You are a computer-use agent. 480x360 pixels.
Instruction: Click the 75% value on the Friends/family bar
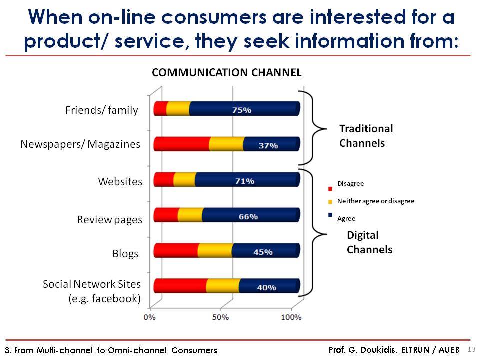[x=242, y=110]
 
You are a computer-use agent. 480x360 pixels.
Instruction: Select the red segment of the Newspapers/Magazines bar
[x=182, y=144]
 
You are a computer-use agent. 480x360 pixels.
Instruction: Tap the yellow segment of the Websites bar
[x=184, y=179]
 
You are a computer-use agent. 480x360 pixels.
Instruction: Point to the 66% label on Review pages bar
[x=248, y=216]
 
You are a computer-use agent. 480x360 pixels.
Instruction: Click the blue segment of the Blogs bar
[x=266, y=250]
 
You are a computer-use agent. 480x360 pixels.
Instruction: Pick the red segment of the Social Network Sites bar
[x=180, y=286]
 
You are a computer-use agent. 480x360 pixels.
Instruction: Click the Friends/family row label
[x=102, y=110]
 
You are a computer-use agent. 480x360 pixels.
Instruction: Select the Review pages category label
[x=109, y=220]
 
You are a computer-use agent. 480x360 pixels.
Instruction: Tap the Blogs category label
[x=125, y=254]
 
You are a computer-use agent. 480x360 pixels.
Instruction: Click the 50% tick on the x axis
[x=220, y=317]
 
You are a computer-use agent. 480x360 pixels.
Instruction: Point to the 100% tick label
[x=291, y=317]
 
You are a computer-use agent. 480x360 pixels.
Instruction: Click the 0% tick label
[x=149, y=317]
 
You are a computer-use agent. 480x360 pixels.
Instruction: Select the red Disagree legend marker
[x=330, y=189]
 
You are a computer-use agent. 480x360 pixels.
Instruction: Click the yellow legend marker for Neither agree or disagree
[x=330, y=202]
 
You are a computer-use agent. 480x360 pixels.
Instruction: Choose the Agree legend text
[x=346, y=219]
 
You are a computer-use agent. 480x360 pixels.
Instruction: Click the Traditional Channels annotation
[x=366, y=136]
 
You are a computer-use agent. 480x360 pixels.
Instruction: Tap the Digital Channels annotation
[x=370, y=242]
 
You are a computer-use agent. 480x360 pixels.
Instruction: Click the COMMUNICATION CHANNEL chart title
[x=227, y=73]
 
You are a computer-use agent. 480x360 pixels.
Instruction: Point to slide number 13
[x=471, y=349]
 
